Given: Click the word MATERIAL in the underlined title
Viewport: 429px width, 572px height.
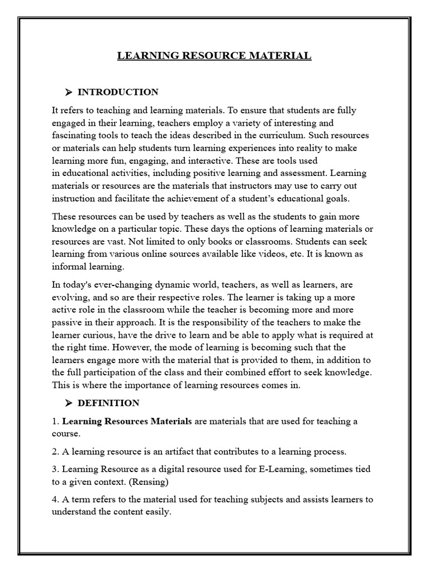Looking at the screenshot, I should click(283, 56).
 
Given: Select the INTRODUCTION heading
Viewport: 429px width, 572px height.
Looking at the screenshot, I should click(118, 92).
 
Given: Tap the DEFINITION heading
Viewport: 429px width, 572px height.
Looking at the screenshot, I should click(108, 403).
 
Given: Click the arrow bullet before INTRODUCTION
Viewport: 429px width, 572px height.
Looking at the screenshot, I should click(69, 92).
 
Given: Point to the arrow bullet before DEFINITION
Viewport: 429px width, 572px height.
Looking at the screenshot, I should click(69, 403).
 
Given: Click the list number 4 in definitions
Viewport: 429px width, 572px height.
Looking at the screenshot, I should click(54, 499).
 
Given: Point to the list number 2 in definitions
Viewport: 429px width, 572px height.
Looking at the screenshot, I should click(54, 451).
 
